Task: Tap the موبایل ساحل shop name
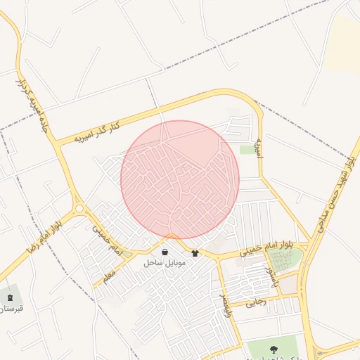[x=164, y=263]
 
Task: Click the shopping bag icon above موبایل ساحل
[x=165, y=252]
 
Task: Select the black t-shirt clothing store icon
[x=195, y=253]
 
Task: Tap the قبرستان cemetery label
[x=11, y=309]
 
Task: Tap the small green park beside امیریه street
[x=247, y=150]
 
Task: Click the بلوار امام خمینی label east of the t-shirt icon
[x=266, y=247]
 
